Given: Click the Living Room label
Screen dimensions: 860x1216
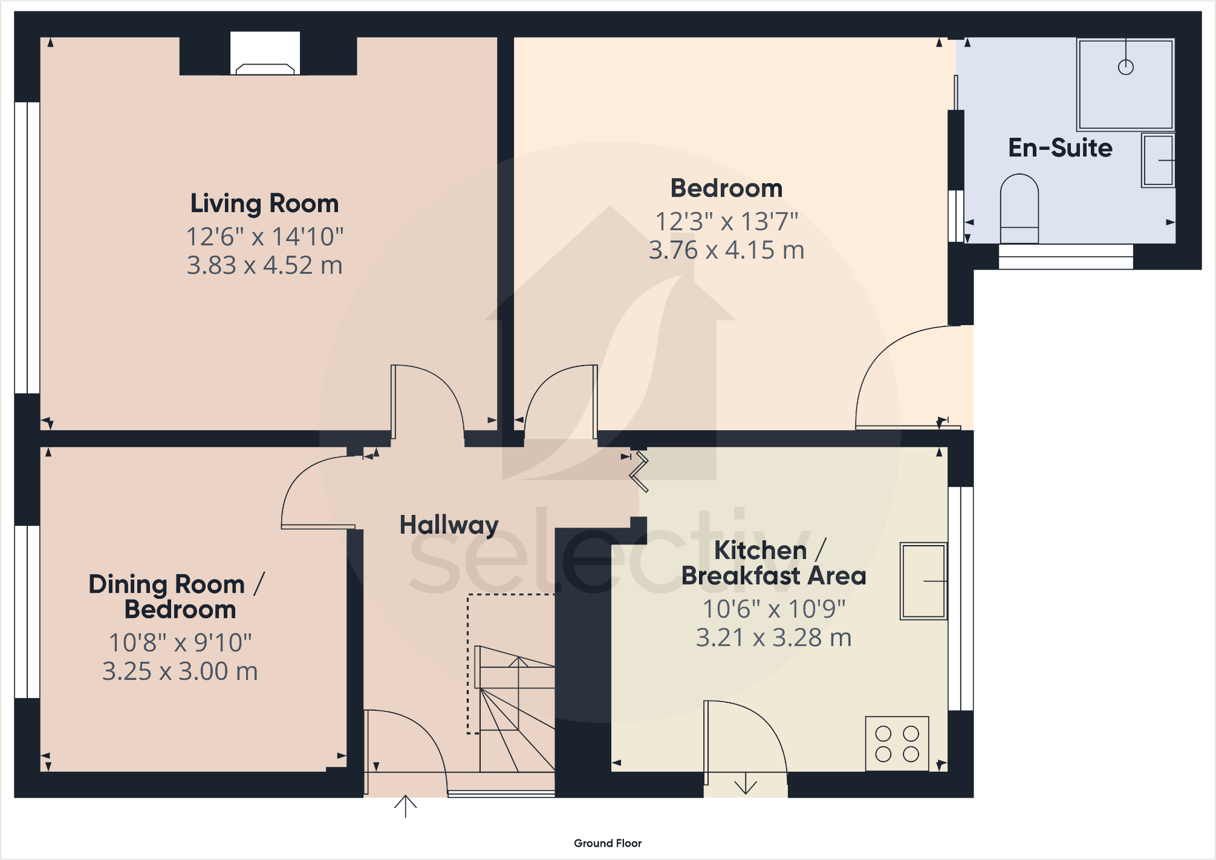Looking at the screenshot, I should click(264, 204).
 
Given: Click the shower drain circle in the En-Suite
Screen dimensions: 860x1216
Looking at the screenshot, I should click(1125, 67).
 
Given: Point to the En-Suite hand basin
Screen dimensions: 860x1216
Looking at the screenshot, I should click(1157, 160).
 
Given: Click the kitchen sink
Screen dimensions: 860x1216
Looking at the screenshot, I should click(923, 581).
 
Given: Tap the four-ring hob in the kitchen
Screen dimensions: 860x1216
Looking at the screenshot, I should click(897, 743).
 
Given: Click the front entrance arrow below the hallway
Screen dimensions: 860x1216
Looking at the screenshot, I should click(405, 806).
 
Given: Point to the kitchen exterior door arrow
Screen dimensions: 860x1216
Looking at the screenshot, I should click(746, 784).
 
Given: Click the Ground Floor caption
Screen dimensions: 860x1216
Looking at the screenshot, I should click(607, 843).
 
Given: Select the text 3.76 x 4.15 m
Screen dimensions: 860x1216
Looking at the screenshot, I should click(726, 250).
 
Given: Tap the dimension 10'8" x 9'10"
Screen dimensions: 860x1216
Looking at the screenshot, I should click(180, 643).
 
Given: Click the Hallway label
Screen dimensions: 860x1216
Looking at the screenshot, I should click(449, 525).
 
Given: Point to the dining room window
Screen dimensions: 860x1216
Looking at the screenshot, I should click(27, 612).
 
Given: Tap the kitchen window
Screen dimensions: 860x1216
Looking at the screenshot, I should click(960, 598).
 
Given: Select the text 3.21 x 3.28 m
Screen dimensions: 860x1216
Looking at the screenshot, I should click(773, 638).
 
